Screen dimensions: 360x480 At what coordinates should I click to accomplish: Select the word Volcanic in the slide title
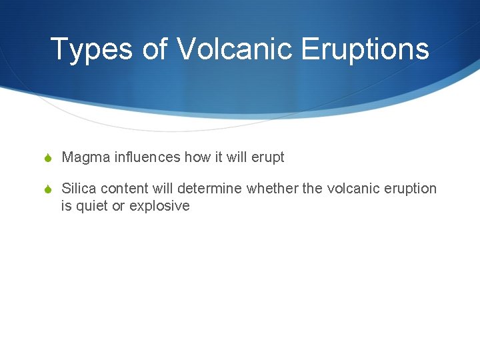pyautogui.click(x=235, y=49)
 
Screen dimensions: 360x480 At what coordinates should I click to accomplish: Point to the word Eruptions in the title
pyautogui.click(x=365, y=49)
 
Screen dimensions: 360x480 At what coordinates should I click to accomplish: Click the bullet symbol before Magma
pyautogui.click(x=49, y=158)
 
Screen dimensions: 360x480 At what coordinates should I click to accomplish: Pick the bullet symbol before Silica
pyautogui.click(x=49, y=189)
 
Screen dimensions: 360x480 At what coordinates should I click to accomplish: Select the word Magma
pyautogui.click(x=86, y=157)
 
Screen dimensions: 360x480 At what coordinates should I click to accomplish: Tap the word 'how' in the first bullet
pyautogui.click(x=197, y=157)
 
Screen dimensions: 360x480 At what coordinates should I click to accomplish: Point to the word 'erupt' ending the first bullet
pyautogui.click(x=268, y=157)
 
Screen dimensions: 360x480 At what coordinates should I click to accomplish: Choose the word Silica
pyautogui.click(x=79, y=189)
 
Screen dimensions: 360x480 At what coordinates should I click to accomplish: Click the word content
pyautogui.click(x=125, y=189)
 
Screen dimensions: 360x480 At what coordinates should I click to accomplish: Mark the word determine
pyautogui.click(x=212, y=189)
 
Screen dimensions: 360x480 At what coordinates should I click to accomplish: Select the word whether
pyautogui.click(x=273, y=189)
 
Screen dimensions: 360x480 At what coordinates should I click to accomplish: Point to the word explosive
pyautogui.click(x=159, y=206)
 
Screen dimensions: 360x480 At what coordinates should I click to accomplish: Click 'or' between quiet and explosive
pyautogui.click(x=118, y=206)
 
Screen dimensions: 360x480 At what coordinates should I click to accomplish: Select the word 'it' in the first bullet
pyautogui.click(x=219, y=157)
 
